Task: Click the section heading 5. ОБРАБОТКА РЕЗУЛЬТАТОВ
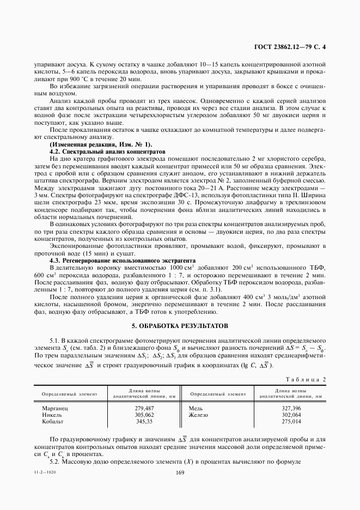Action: tap(180, 325)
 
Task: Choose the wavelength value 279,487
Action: tap(144, 407)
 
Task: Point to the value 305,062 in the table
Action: tap(144, 414)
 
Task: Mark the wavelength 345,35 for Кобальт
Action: tap(144, 421)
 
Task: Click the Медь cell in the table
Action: tap(196, 407)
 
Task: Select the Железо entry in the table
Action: tap(199, 414)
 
